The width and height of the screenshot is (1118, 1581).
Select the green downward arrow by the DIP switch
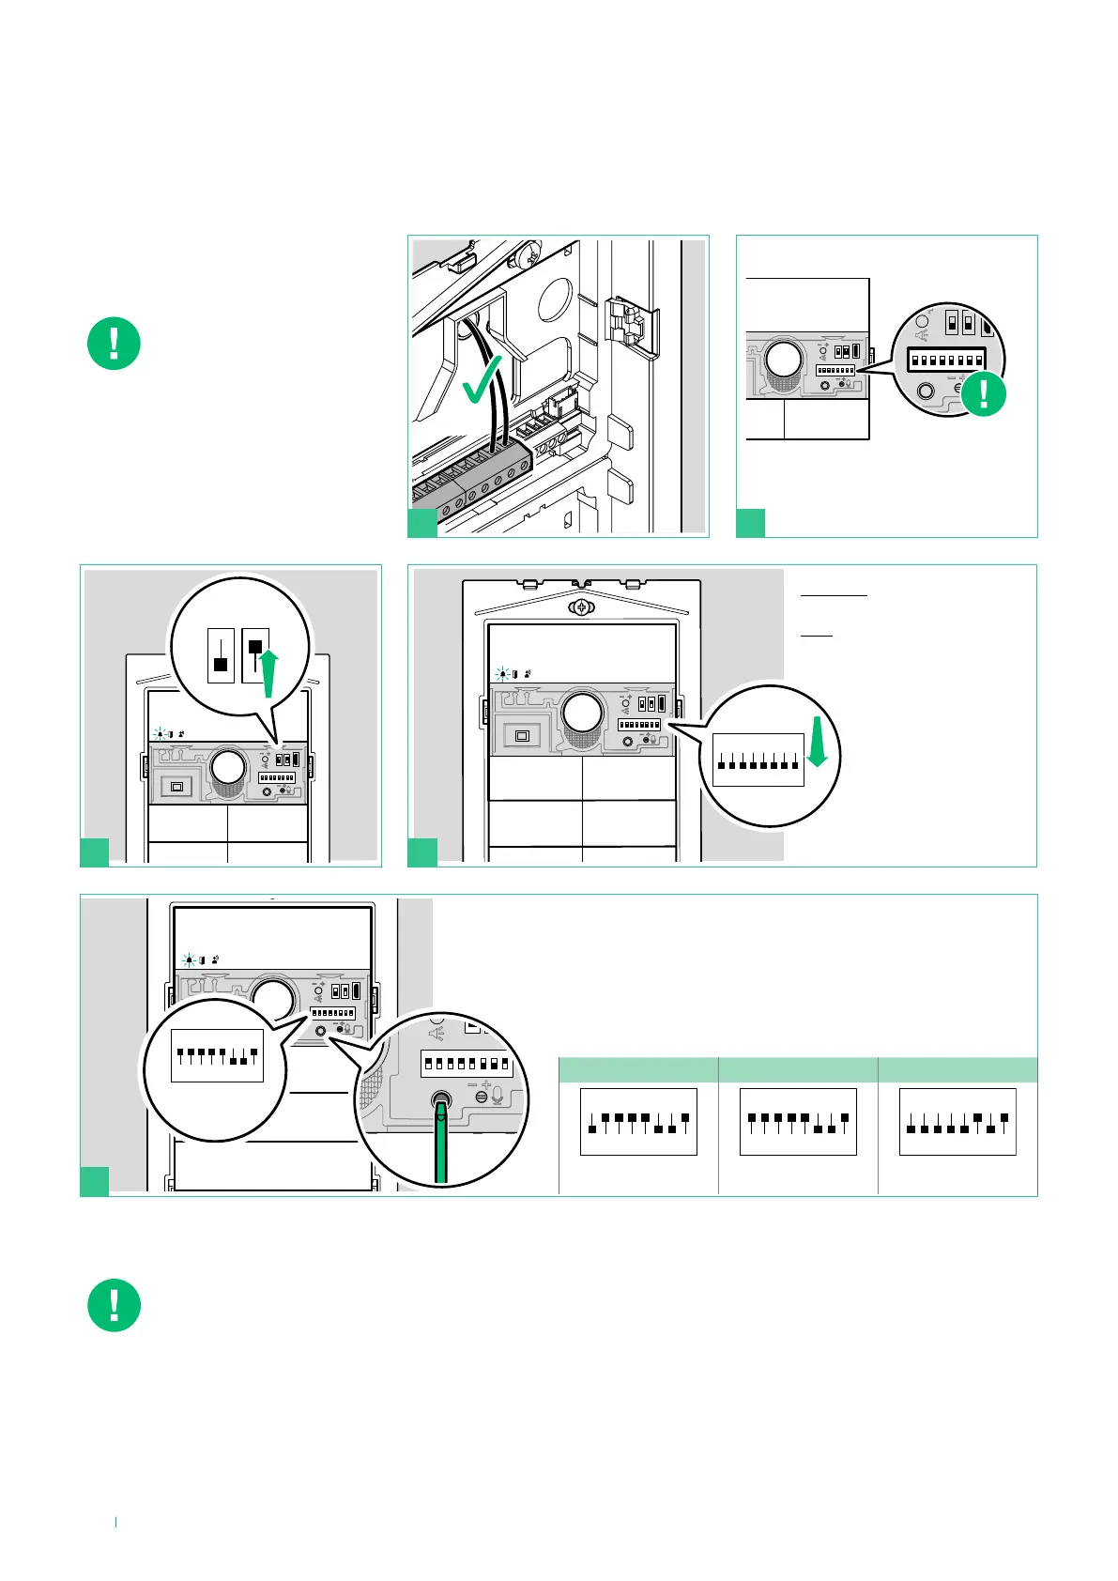[x=818, y=743]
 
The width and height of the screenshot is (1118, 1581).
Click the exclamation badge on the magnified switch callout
[x=983, y=392]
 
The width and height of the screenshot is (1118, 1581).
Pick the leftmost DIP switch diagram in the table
[x=638, y=1122]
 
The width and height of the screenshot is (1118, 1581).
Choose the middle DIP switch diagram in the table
[x=798, y=1122]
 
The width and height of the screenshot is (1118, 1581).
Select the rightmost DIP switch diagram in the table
[x=957, y=1122]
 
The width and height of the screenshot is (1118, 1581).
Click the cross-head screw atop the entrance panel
[x=583, y=607]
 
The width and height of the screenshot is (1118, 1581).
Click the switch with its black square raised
[x=255, y=655]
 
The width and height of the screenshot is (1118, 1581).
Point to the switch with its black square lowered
[x=221, y=655]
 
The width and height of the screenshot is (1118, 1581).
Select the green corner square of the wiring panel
[x=422, y=523]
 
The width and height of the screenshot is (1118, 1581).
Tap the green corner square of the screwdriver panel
[x=94, y=1181]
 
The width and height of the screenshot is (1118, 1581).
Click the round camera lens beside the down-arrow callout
[x=582, y=714]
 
